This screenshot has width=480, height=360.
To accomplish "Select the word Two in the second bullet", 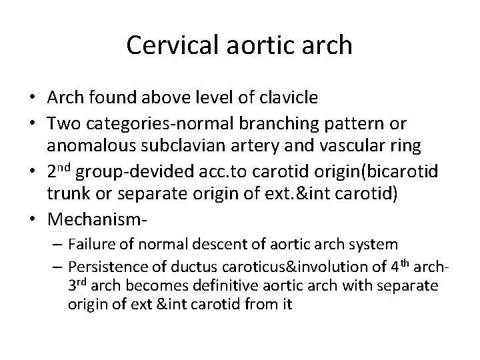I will pyautogui.click(x=61, y=125).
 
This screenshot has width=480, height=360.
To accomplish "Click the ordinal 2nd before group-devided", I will pyautogui.click(x=59, y=172).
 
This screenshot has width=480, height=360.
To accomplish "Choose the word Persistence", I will pyautogui.click(x=101, y=267).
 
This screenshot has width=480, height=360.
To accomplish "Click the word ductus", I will pyautogui.click(x=173, y=267).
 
